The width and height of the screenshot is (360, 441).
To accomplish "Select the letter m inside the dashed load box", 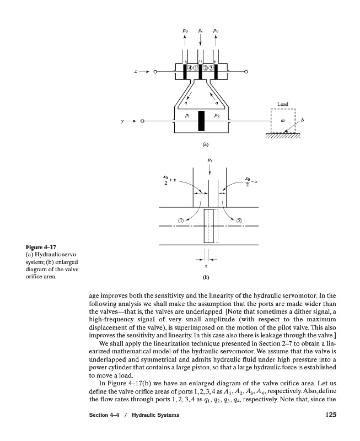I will tap(283, 120).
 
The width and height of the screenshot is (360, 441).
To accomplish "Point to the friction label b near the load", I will tap(303, 120).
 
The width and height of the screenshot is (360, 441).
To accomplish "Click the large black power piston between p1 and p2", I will tap(201, 121).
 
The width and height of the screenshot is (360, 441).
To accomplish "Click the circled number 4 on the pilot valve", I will tap(191, 68).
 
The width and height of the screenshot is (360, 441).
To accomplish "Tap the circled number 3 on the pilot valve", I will tap(211, 68).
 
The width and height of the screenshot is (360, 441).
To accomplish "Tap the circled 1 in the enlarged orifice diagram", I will tap(180, 220).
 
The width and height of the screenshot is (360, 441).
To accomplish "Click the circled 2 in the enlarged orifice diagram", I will tap(239, 220).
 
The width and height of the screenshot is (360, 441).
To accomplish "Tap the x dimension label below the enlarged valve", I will tap(206, 267).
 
